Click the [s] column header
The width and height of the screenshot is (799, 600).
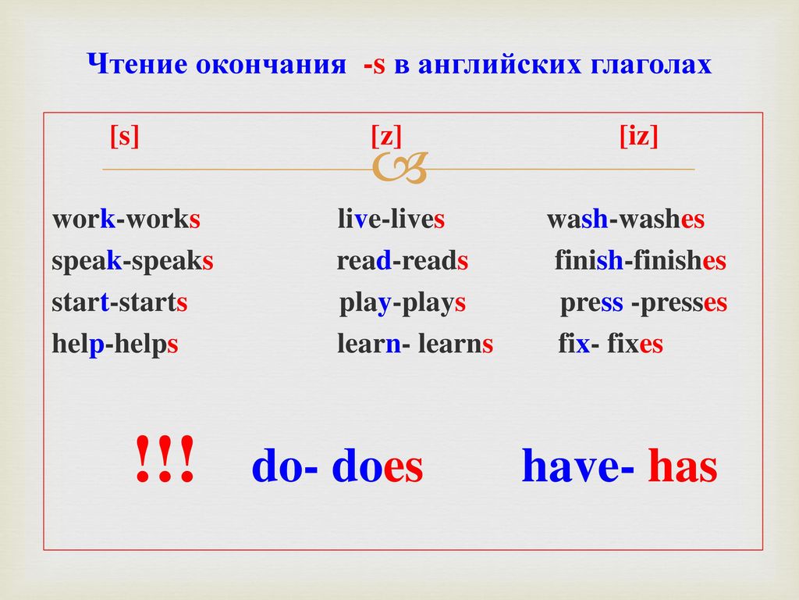pyautogui.click(x=124, y=136)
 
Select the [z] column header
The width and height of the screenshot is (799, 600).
pyautogui.click(x=386, y=136)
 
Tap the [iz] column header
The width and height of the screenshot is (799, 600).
pyautogui.click(x=638, y=136)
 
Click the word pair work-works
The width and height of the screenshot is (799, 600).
pyautogui.click(x=126, y=219)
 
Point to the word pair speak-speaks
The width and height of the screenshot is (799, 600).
pyautogui.click(x=133, y=261)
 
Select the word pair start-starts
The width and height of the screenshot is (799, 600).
pyautogui.click(x=119, y=302)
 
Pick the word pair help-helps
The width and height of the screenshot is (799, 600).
pyautogui.click(x=115, y=344)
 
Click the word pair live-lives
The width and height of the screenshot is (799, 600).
pyautogui.click(x=392, y=219)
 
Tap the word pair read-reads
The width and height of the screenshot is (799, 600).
pyautogui.click(x=403, y=261)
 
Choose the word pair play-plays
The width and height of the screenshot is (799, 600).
pyautogui.click(x=403, y=303)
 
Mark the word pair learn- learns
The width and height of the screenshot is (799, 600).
pyautogui.click(x=415, y=344)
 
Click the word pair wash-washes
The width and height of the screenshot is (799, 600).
pyautogui.click(x=626, y=219)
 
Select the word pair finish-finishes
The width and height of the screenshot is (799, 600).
pyautogui.click(x=641, y=261)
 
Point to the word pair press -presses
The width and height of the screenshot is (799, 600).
pyautogui.click(x=644, y=303)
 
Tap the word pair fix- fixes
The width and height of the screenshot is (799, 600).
pyautogui.click(x=611, y=344)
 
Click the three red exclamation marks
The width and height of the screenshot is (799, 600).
pyautogui.click(x=165, y=459)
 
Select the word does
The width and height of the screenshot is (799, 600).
pyautogui.click(x=378, y=466)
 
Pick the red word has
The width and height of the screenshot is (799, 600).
pyautogui.click(x=683, y=466)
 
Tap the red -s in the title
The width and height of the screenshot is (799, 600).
pyautogui.click(x=375, y=66)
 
